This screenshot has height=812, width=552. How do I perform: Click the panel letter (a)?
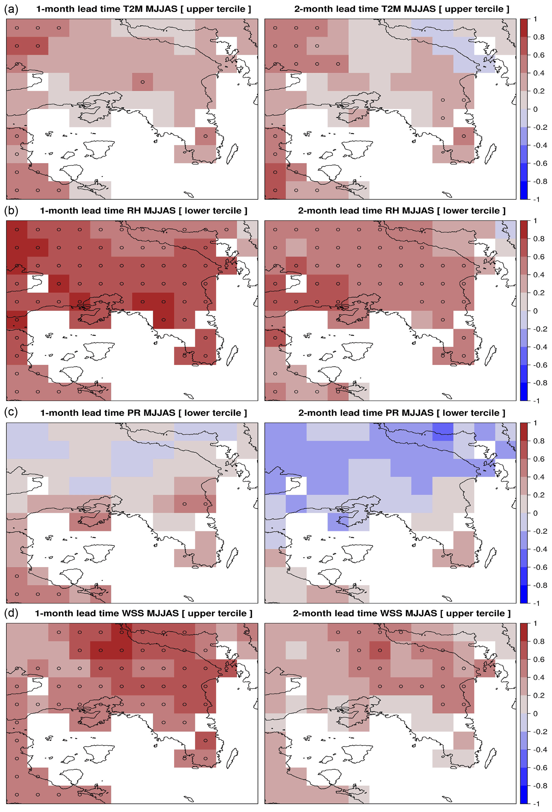click(11, 9)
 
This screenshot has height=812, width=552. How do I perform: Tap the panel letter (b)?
click(11, 211)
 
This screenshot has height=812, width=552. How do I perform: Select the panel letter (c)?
click(11, 412)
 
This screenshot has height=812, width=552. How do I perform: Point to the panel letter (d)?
click(11, 613)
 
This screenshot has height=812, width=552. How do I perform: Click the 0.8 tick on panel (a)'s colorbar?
click(539, 37)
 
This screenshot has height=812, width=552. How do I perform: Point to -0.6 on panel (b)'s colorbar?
click(540, 365)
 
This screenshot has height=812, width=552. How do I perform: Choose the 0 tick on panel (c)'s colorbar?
click(535, 513)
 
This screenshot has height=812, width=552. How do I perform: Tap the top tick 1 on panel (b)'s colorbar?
click(535, 221)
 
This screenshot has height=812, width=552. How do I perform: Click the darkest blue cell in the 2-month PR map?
click(443, 432)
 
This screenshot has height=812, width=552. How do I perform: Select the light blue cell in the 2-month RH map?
click(506, 230)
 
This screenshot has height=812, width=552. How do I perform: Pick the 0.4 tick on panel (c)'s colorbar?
click(539, 477)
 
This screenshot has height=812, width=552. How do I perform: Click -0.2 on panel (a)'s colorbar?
click(540, 127)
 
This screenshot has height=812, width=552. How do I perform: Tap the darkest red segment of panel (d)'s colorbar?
click(524, 632)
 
